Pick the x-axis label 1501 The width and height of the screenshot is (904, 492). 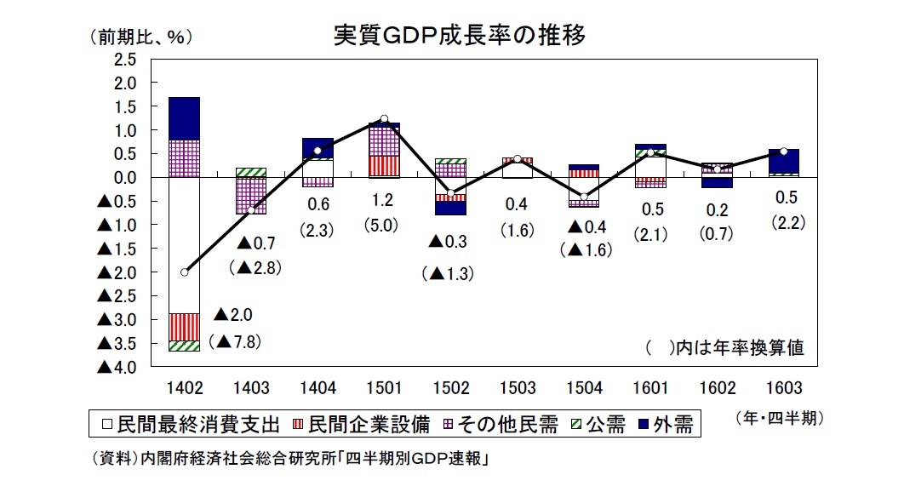tap(384, 388)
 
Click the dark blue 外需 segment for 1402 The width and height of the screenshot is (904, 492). tap(184, 118)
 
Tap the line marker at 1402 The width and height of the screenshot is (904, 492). tap(184, 272)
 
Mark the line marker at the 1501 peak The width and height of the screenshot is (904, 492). tap(384, 119)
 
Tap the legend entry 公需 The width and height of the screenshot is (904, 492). tap(600, 424)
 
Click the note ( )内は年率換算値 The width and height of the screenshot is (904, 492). tap(724, 348)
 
